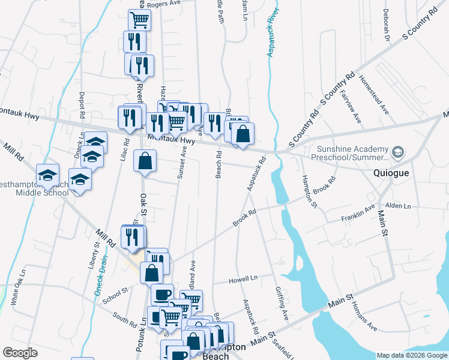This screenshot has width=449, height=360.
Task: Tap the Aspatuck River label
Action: coord(271,34)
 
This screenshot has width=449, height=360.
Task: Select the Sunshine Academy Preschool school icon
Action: coord(397,153)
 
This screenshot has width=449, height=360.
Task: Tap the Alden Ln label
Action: coord(399,206)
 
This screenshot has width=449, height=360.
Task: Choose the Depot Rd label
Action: coord(80,105)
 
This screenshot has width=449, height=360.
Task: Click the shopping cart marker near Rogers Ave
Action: coord(139,20)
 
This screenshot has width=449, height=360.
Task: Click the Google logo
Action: coord(20,353)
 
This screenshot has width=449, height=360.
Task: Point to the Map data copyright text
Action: coord(411,355)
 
